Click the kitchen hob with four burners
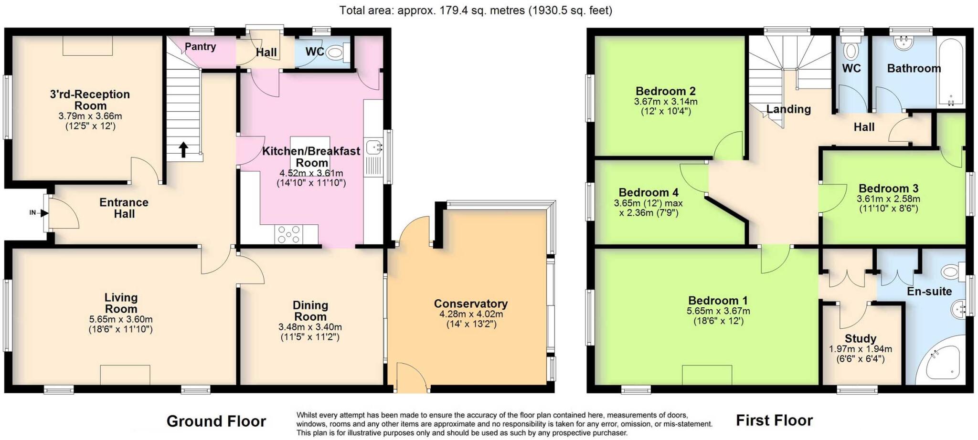pos(289,234)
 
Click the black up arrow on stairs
pos(183,149)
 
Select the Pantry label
pos(200,47)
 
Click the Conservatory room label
pos(470,304)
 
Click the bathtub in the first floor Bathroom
pos(951,72)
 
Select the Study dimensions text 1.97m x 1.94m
pos(861,349)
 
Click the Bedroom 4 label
pos(648,193)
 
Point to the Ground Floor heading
pos(216,421)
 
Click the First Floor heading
pos(774,420)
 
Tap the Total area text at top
pos(475,10)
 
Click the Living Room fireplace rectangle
pos(125,375)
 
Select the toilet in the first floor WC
pos(850,49)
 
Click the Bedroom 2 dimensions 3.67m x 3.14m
pos(665,102)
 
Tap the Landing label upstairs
pos(788,109)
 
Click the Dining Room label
pos(310,311)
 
